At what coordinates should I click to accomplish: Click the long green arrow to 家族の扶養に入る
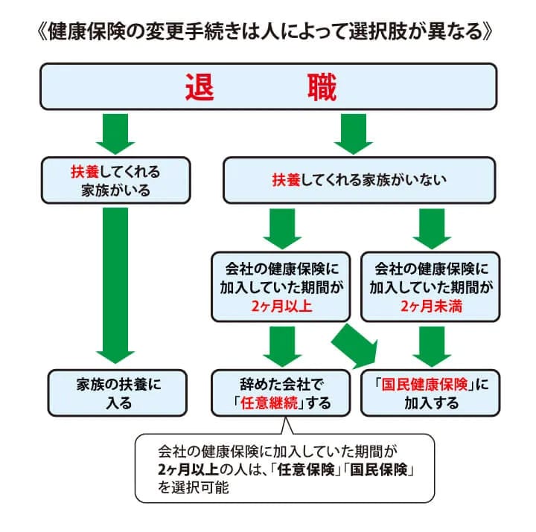115,283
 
